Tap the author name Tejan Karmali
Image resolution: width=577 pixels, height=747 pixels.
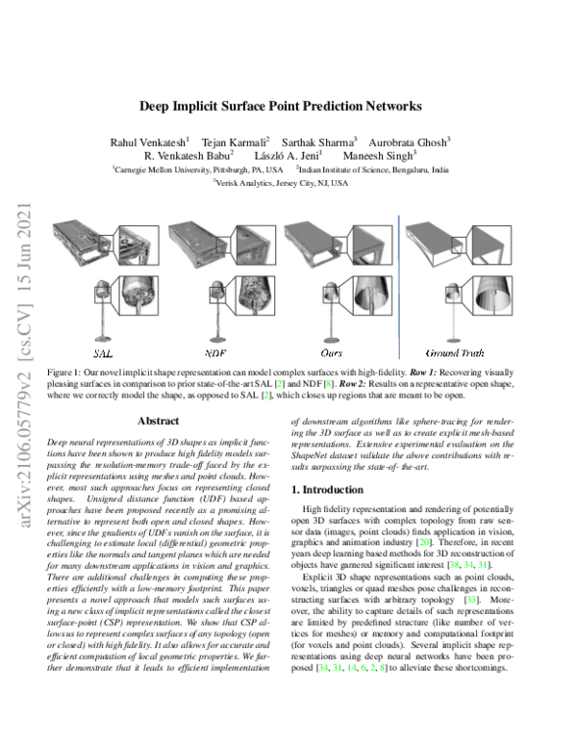pos(235,141)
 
